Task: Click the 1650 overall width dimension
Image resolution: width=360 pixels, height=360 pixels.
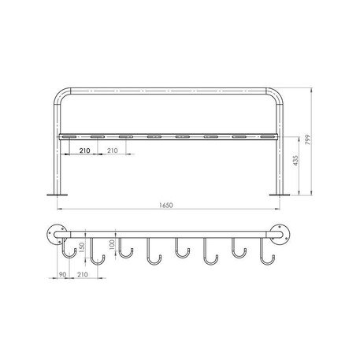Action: (x=165, y=204)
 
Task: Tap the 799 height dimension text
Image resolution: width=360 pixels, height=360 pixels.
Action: (x=308, y=139)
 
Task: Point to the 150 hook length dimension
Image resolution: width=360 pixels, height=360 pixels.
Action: (x=82, y=247)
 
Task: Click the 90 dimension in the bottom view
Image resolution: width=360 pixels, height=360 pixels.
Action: (x=63, y=275)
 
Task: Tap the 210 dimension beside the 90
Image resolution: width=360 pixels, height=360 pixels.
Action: (x=83, y=275)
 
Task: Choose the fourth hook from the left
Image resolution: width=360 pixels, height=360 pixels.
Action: (x=153, y=253)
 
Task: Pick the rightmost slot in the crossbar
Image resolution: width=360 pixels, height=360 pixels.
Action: (x=266, y=137)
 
